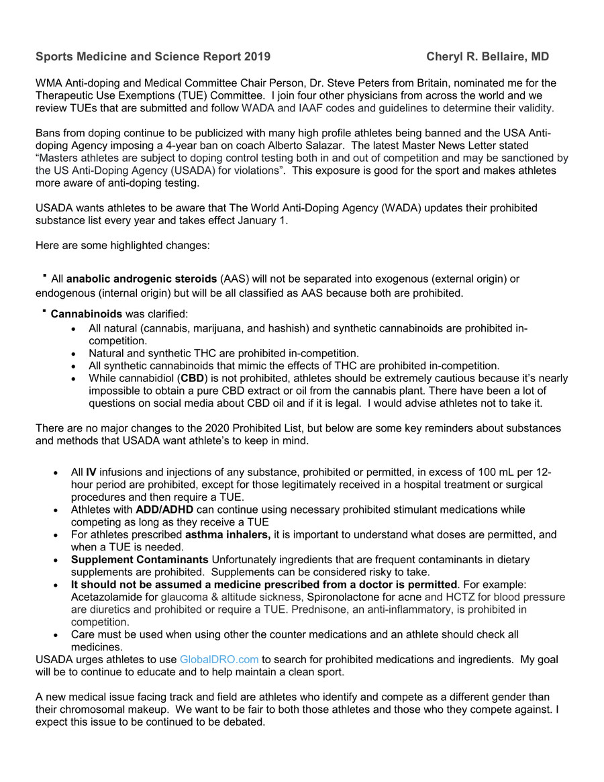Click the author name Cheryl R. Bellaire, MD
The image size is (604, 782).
click(487, 57)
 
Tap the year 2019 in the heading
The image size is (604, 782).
click(258, 57)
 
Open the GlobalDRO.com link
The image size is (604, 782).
click(219, 660)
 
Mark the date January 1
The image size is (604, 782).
click(266, 220)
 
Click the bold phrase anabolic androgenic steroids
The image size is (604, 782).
click(143, 279)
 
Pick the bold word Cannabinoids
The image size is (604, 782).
click(87, 313)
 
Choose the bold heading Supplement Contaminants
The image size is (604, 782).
click(140, 560)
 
